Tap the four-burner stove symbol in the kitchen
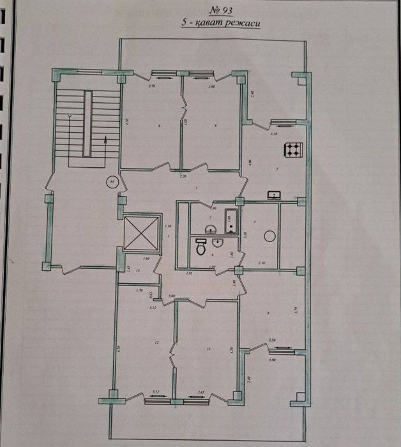(293, 151)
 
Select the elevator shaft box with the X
(140, 232)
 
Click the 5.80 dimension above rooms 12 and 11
(172, 296)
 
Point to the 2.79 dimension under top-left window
(152, 85)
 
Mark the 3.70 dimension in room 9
(296, 310)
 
